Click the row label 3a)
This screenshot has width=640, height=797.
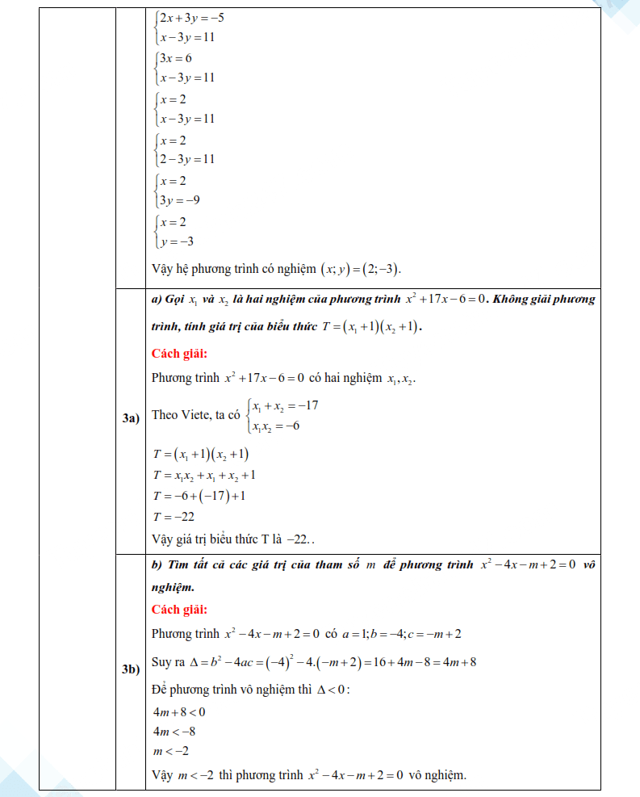pos(131,417)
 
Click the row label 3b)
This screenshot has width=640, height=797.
pos(131,669)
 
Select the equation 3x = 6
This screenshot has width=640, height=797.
pos(175,58)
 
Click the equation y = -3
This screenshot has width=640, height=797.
pos(176,241)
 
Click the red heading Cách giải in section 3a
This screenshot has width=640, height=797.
pos(179,354)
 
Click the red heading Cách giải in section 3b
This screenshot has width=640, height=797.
pos(179,610)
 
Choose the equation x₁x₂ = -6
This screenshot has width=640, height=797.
pos(275,426)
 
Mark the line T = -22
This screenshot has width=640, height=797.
pos(173,517)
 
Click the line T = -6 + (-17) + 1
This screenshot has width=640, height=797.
pos(199,496)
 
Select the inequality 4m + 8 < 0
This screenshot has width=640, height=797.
pos(178,711)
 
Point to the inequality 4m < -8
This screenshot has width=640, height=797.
pos(174,732)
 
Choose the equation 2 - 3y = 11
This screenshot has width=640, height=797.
pos(186,159)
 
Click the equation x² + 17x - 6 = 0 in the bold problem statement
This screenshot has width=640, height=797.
pos(445,300)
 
